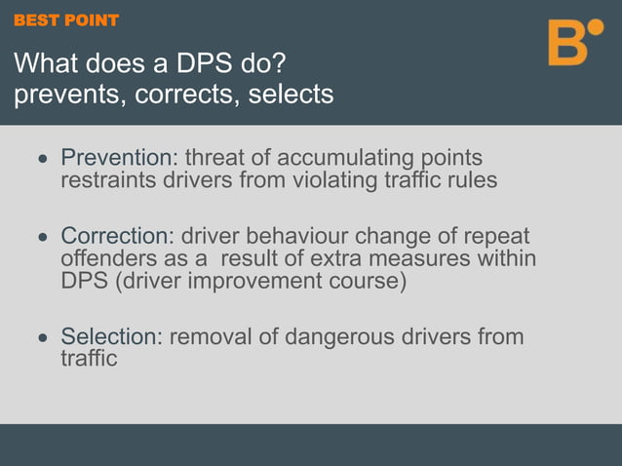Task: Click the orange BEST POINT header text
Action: coord(66,20)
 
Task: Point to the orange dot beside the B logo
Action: coord(596,25)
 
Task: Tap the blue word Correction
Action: coord(115,237)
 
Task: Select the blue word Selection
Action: coord(108,337)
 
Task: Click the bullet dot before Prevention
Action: coord(42,159)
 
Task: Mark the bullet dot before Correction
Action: coord(42,238)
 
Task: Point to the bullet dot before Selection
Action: coord(42,338)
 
